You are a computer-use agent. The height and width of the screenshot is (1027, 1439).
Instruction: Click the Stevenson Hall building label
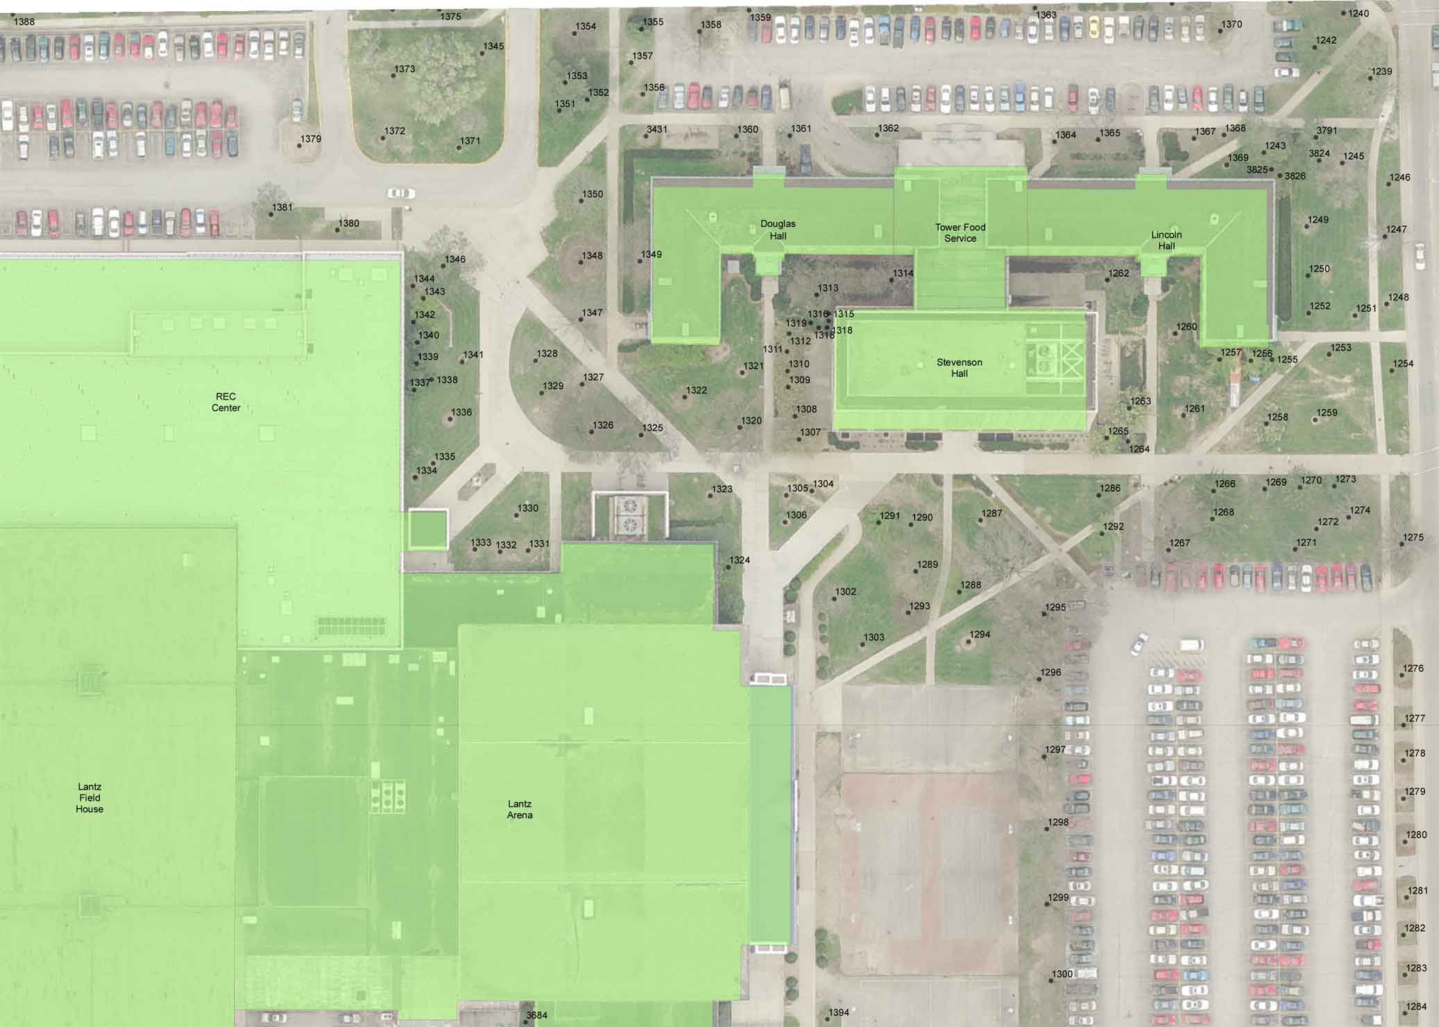pos(959,368)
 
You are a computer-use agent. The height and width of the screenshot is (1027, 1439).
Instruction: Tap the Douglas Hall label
pos(778,230)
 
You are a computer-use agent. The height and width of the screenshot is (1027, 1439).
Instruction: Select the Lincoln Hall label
pos(1166,240)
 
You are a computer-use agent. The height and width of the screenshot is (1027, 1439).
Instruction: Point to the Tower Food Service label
pos(960,232)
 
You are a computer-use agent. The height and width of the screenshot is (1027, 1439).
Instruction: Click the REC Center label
pos(225,402)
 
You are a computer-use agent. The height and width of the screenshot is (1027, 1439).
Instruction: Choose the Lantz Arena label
pos(520,809)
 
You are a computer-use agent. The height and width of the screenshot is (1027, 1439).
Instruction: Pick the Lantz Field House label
pos(90,797)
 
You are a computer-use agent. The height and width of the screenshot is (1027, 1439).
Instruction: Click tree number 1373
pos(393,75)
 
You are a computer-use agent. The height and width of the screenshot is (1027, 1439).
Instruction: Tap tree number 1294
pos(969,642)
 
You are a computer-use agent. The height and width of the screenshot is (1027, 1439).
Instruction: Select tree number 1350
pos(581,201)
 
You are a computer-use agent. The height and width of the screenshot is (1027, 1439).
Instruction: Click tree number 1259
pos(1315,420)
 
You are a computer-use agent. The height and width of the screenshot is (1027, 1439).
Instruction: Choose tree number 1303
pos(862,645)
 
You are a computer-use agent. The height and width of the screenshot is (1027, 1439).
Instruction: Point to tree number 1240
pos(1343,14)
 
